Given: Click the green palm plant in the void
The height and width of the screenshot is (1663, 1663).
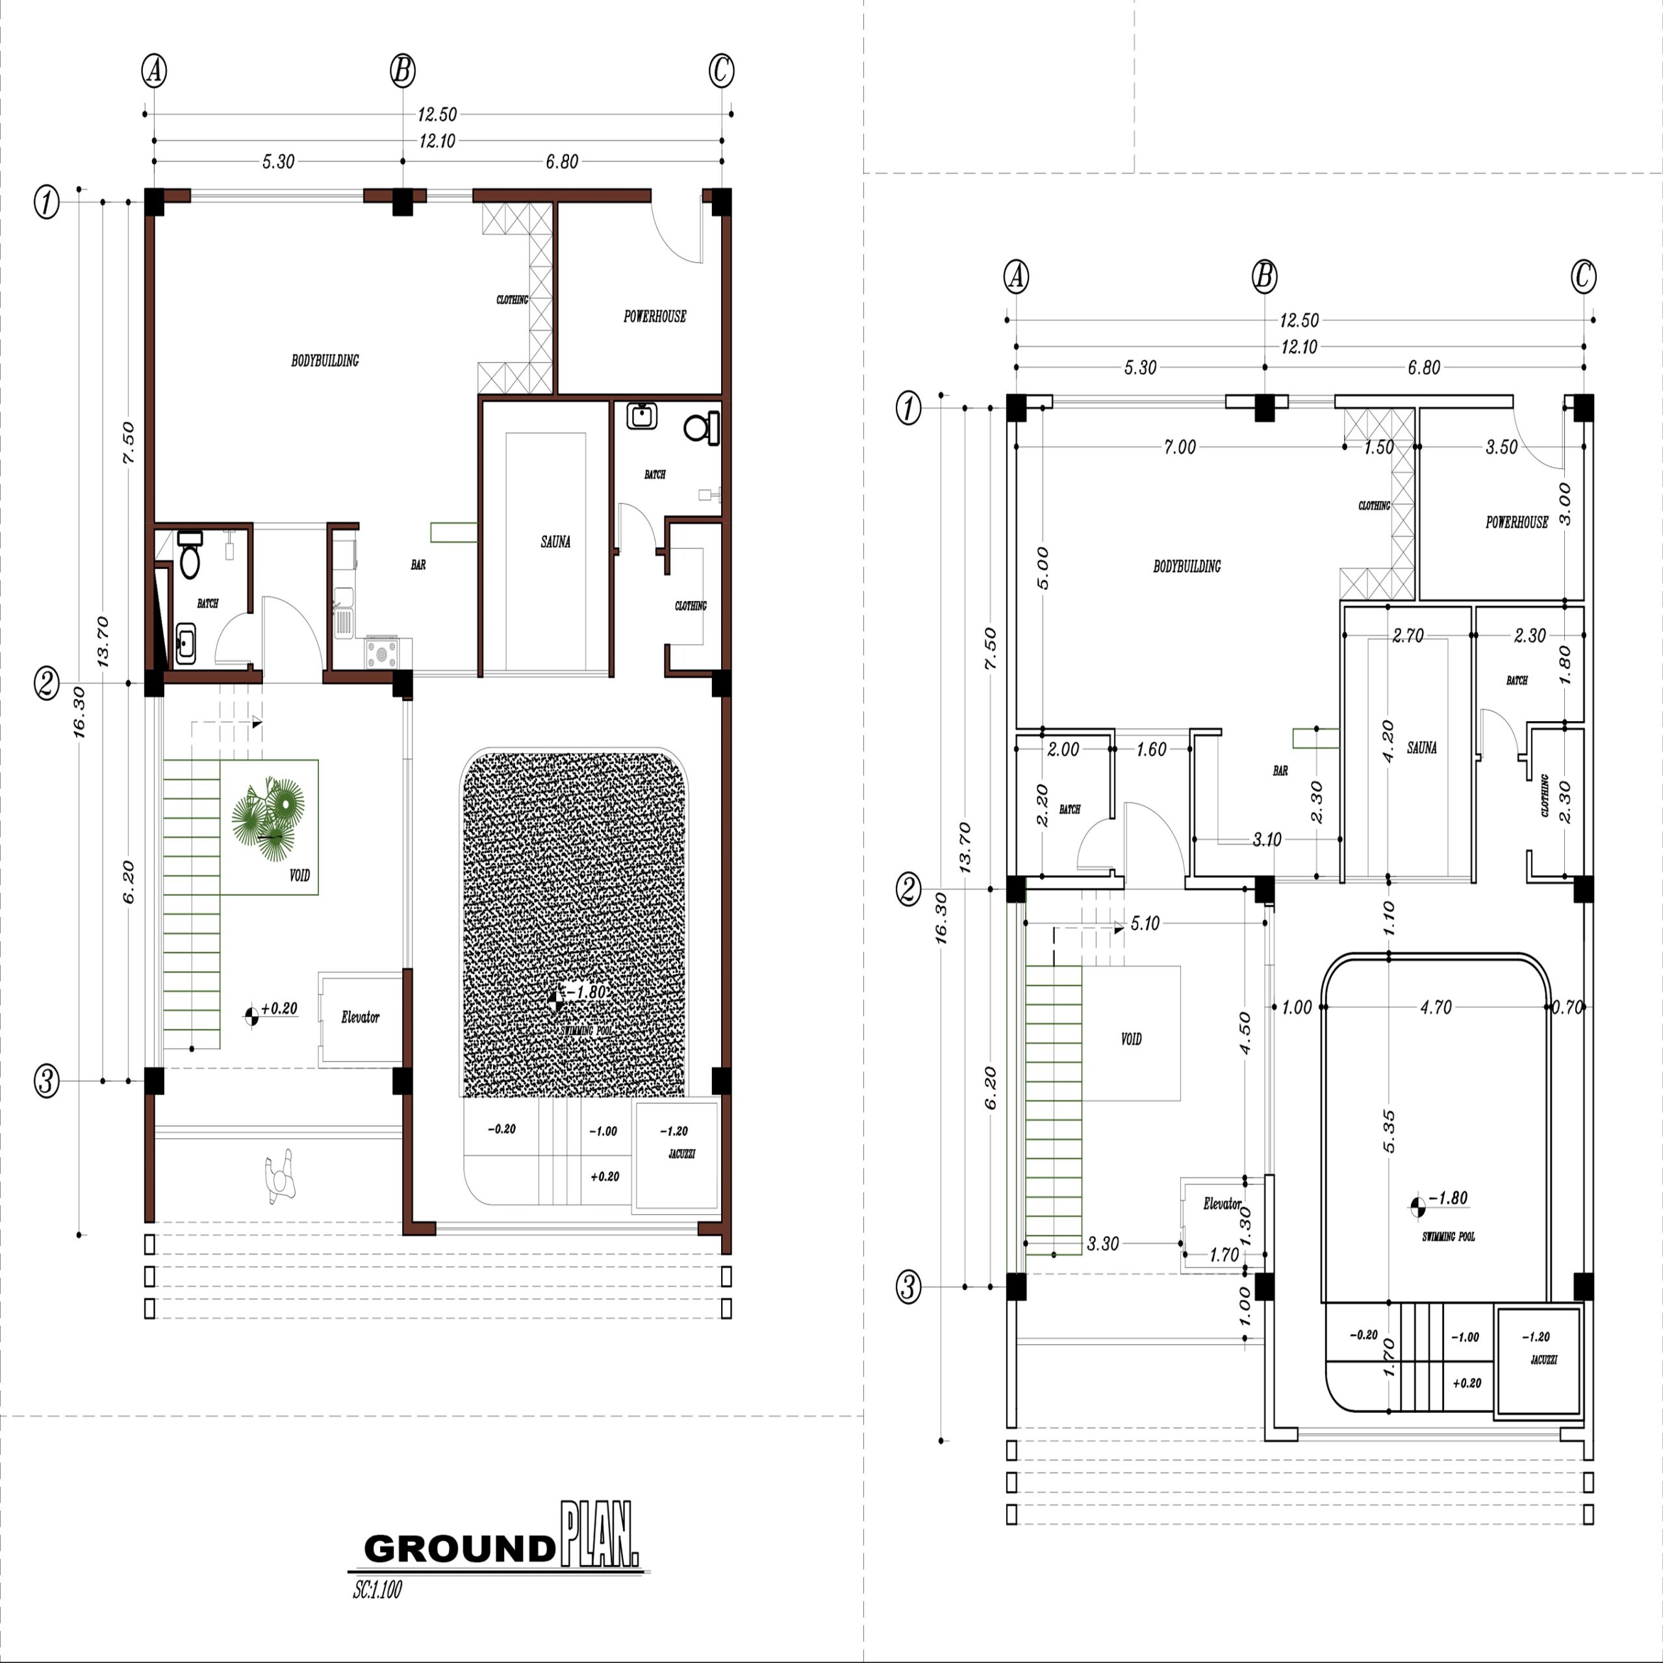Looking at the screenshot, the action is [268, 819].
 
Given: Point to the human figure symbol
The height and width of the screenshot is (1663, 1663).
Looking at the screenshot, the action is [281, 1176].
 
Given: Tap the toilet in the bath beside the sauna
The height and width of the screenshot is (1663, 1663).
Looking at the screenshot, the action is [702, 429].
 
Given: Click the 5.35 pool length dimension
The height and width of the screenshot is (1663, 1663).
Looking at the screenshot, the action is [1388, 1132].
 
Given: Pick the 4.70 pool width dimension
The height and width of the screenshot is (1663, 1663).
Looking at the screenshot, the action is [1436, 1007].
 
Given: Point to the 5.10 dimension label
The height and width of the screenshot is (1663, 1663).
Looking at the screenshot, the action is [1145, 924].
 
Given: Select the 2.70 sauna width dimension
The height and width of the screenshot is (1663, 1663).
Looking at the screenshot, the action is [1408, 636].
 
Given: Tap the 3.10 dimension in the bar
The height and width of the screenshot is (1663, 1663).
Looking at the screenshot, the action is [1267, 839].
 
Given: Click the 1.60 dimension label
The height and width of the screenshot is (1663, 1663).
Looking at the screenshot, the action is [1151, 750].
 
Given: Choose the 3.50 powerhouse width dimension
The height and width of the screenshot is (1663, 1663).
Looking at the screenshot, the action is [1502, 448].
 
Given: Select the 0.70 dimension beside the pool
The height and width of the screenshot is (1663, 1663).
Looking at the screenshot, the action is [1568, 1007].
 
